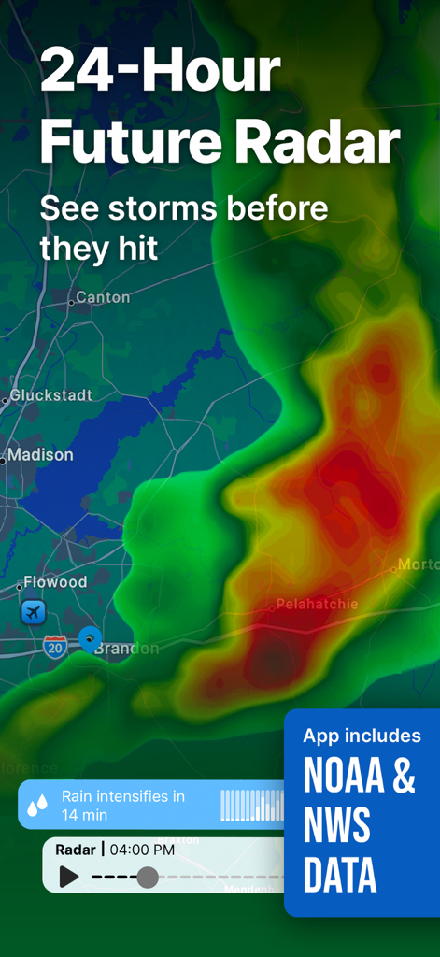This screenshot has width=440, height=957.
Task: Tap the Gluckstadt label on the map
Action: pyautogui.click(x=51, y=395)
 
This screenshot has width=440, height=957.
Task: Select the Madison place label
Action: pyautogui.click(x=40, y=455)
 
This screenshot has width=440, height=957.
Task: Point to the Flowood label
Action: pyautogui.click(x=55, y=582)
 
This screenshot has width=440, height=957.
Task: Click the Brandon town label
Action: pyautogui.click(x=127, y=649)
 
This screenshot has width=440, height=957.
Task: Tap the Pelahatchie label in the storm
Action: pyautogui.click(x=318, y=605)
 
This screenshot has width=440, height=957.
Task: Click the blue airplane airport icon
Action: pyautogui.click(x=34, y=613)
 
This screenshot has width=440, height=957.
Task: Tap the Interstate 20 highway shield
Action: pyautogui.click(x=55, y=647)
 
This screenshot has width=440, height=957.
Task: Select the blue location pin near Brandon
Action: pyautogui.click(x=90, y=639)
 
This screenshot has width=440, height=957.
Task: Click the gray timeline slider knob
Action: pyautogui.click(x=148, y=877)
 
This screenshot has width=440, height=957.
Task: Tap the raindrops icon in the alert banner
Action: pyautogui.click(x=38, y=805)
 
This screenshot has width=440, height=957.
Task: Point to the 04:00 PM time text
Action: pyautogui.click(x=142, y=850)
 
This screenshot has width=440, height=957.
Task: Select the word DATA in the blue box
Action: pyautogui.click(x=340, y=876)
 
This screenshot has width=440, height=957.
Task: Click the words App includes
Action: pyautogui.click(x=362, y=736)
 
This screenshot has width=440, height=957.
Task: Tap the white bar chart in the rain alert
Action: pyautogui.click(x=252, y=805)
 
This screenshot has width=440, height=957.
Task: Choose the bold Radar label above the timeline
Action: pyautogui.click(x=76, y=850)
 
